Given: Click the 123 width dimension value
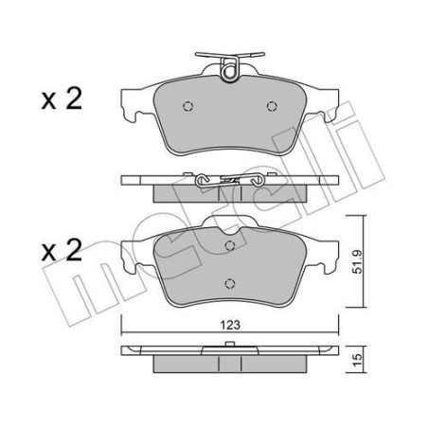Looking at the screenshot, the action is [x=230, y=325].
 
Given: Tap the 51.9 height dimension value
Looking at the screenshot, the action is [x=358, y=261].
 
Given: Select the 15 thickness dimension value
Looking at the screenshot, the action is [x=358, y=360].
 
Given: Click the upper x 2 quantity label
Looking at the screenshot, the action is [x=62, y=98].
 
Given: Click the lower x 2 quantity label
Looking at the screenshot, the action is [x=62, y=250].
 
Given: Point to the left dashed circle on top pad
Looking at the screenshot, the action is [x=187, y=106].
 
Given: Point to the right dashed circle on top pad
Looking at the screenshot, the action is [x=272, y=106].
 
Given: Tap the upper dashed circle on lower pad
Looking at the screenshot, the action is [x=230, y=245].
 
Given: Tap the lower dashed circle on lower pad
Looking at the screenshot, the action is [x=230, y=283].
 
